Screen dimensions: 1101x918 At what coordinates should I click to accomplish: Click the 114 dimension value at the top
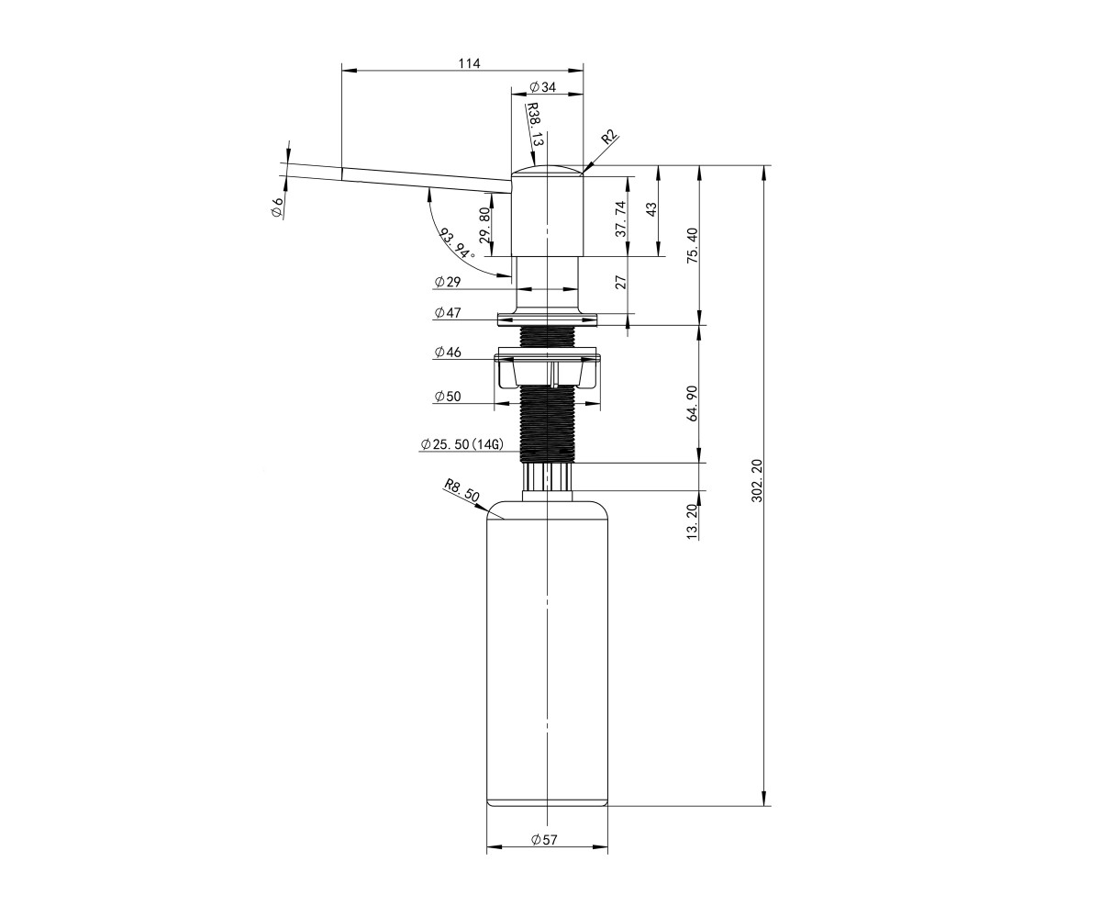tap(469, 63)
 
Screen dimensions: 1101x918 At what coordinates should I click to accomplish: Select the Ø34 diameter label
tap(542, 87)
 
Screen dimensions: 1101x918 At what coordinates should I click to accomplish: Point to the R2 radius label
tap(609, 137)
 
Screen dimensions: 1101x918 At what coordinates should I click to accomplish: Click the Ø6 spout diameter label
tap(276, 206)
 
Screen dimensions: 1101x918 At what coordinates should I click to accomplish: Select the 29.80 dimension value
tap(484, 225)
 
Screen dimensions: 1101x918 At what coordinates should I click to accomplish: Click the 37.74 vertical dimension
tap(621, 219)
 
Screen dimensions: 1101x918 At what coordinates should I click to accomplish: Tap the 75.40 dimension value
tap(693, 245)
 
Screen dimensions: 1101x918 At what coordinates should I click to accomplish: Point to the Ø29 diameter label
tap(447, 282)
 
